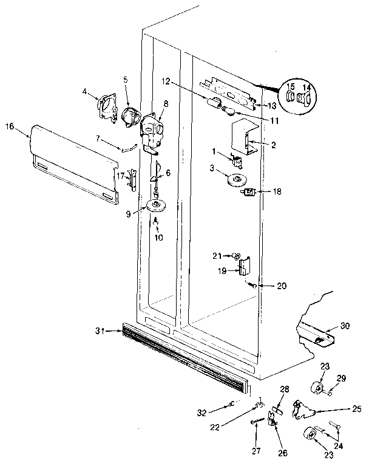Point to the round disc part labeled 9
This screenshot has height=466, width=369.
pyautogui.click(x=157, y=207)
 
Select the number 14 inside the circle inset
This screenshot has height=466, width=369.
pyautogui.click(x=306, y=87)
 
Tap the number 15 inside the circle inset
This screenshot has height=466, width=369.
pyautogui.click(x=290, y=87)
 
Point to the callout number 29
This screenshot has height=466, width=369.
pyautogui.click(x=341, y=379)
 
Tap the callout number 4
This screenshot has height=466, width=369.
pyautogui.click(x=85, y=92)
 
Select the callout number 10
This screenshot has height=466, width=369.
pyautogui.click(x=158, y=238)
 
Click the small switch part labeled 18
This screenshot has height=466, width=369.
pyautogui.click(x=248, y=193)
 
